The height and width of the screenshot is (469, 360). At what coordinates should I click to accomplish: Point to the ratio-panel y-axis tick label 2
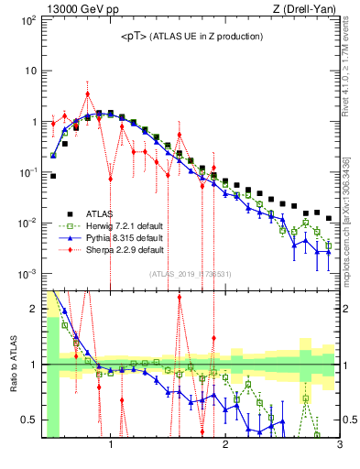tap(34, 309)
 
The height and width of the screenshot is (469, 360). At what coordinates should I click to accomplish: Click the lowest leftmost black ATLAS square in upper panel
tap(53, 176)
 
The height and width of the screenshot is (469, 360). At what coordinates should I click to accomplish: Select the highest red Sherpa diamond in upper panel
tap(87, 93)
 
